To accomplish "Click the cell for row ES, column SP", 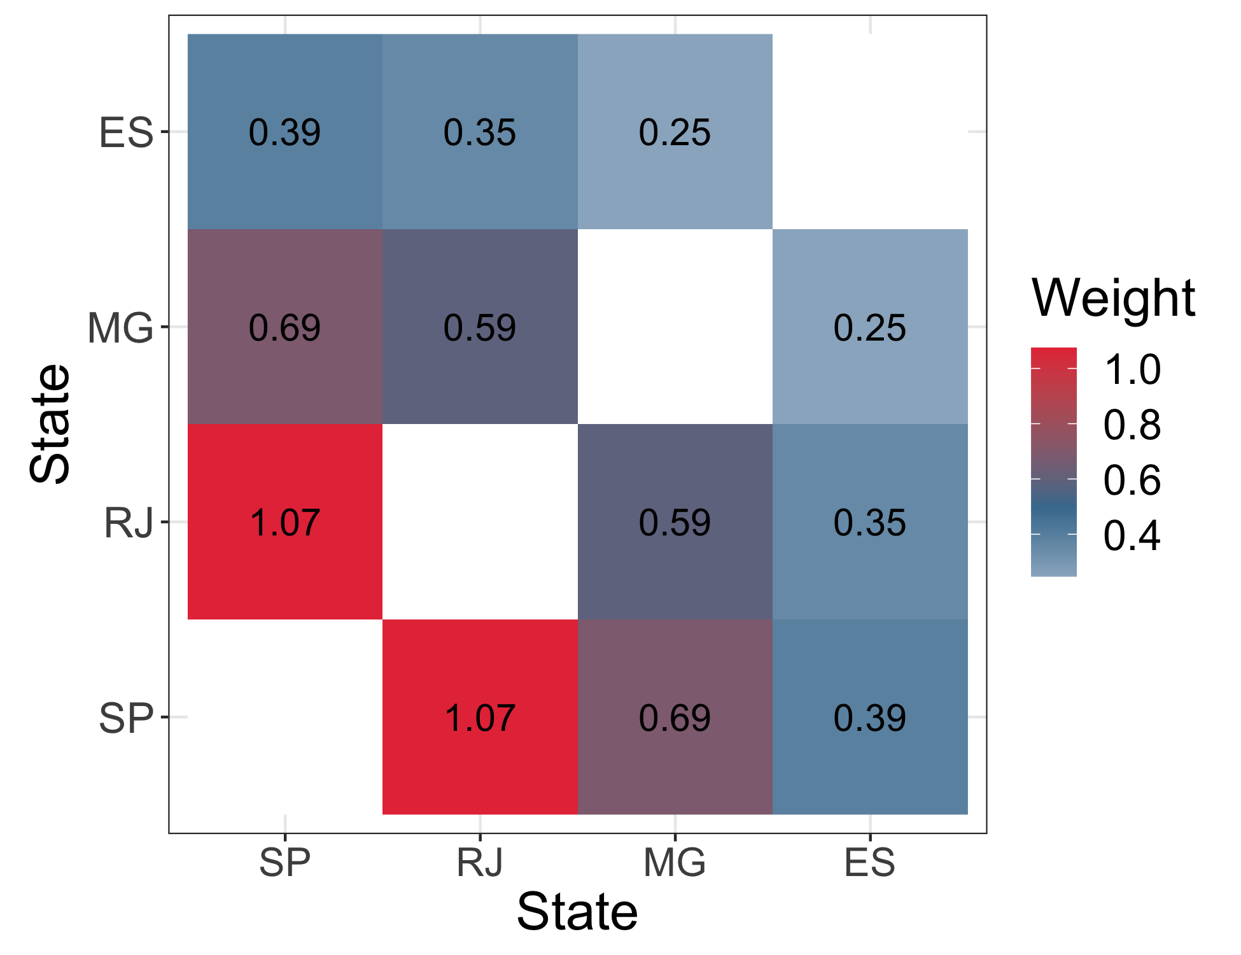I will (x=284, y=132).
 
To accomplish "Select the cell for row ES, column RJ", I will (x=480, y=132).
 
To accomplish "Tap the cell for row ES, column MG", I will (x=675, y=132).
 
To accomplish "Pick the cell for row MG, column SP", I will (x=284, y=327).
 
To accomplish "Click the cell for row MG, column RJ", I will (x=480, y=327).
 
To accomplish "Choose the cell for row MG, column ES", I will (x=870, y=327).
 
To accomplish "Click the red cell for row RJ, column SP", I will (x=284, y=522).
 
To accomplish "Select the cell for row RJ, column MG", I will (x=675, y=522).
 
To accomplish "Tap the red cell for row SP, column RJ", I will (x=480, y=717).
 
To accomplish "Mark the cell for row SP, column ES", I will (x=870, y=717).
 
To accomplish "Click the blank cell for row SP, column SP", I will (x=284, y=717).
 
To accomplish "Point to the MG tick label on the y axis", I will (x=120, y=328).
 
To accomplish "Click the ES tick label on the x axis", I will (x=870, y=863).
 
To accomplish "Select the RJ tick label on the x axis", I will (x=480, y=863).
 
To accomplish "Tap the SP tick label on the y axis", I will (x=126, y=718).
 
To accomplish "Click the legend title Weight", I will (x=1113, y=298).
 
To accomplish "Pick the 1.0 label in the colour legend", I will (x=1132, y=369).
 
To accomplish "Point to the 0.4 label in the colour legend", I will (x=1132, y=535).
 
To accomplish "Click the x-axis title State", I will (x=577, y=912).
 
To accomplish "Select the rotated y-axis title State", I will (x=50, y=423).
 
